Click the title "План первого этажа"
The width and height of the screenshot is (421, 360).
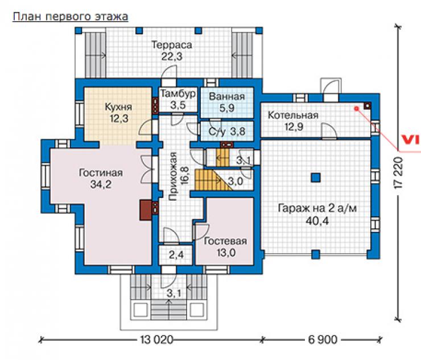point(71,16)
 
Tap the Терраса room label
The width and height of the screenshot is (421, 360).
point(172,44)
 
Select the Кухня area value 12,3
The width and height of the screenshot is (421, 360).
point(119,118)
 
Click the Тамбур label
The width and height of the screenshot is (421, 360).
point(178,94)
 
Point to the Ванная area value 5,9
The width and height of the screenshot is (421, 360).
point(227,108)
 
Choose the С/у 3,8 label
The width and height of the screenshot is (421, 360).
point(227,131)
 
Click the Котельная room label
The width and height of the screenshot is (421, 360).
point(293,115)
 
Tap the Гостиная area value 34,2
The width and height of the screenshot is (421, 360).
point(101,184)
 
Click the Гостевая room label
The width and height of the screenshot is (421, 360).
point(225,241)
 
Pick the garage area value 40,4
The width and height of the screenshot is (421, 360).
point(317,221)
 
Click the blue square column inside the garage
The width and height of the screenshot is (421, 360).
point(316,177)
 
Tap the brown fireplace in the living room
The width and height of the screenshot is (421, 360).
point(146,210)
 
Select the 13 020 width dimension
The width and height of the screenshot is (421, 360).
point(157,340)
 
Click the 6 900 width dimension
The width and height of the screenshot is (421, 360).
point(323,340)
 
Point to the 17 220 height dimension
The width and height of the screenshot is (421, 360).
point(398,173)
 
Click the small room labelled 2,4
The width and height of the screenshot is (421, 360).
point(176,254)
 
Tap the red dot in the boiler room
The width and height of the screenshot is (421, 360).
point(357,109)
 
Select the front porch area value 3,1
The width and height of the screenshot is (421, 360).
point(174,293)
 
